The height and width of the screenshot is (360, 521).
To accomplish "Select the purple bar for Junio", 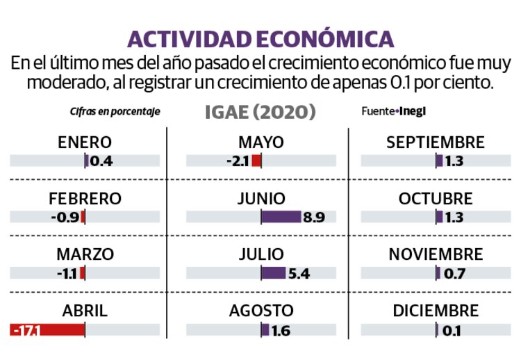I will (x=281, y=217).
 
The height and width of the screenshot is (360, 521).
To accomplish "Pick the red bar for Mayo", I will (x=256, y=161).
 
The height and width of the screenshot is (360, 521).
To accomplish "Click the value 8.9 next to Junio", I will (x=314, y=217).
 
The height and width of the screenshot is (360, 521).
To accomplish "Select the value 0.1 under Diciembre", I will (x=452, y=330).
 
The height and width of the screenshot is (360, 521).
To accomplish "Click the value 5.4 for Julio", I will (x=299, y=273).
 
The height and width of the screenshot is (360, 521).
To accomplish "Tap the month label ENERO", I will (x=85, y=142).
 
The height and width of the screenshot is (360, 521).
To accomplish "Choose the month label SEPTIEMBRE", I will (x=436, y=142).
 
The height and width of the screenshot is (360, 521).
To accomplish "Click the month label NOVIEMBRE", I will (x=436, y=254).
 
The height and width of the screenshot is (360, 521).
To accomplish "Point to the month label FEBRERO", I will (x=85, y=199).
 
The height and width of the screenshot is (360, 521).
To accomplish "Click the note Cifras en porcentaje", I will (x=115, y=111).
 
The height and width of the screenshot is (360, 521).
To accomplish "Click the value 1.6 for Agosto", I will (x=281, y=330).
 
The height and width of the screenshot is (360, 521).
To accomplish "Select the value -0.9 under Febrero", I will (x=65, y=217).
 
